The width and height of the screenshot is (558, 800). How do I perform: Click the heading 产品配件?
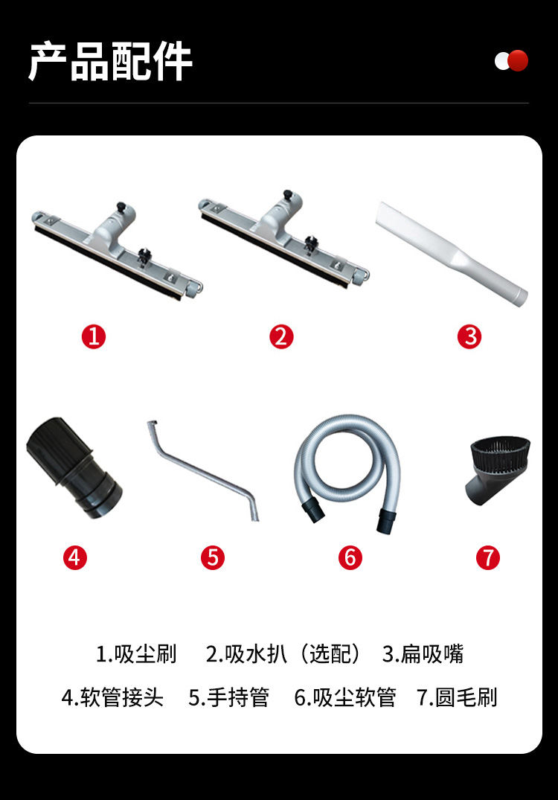coord(110,61)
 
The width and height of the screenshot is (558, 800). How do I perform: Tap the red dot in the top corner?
coord(518,61)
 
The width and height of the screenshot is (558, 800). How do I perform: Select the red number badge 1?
coord(94,336)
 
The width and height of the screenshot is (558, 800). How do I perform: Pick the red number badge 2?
coord(281,336)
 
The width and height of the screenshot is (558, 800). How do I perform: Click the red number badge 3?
coord(469,336)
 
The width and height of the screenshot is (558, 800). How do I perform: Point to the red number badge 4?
coord(75,557)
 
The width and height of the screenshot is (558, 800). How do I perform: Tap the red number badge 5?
coord(213,557)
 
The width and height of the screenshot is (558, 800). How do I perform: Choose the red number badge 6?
coord(350,557)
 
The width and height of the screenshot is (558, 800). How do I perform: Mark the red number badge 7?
coord(488,557)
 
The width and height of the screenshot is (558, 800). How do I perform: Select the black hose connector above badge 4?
coord(74,467)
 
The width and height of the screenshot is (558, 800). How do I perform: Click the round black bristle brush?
coord(497,470)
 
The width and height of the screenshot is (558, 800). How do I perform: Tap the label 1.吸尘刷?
coord(136,654)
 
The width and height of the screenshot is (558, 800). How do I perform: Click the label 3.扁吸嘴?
coord(423,654)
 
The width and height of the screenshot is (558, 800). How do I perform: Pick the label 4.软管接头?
coord(112,697)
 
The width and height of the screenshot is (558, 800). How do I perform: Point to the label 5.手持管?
coord(229,697)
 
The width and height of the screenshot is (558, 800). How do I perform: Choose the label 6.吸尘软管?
coord(345,697)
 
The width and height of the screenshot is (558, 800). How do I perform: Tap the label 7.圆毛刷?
coord(457,697)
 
